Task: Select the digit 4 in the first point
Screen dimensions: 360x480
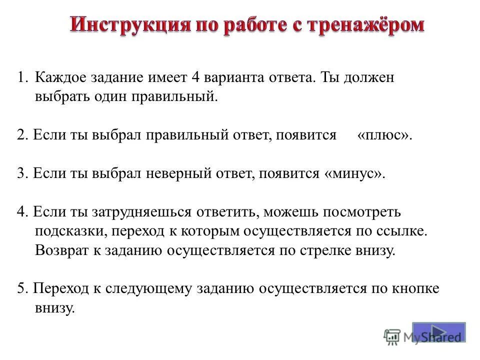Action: coord(195,77)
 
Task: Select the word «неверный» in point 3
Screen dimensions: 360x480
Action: coord(179,173)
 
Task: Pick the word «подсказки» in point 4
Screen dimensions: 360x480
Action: coord(70,231)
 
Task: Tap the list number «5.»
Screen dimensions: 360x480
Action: coord(22,288)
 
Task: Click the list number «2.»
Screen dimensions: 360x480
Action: coord(22,135)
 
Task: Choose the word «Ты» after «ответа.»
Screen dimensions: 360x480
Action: coord(330,77)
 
